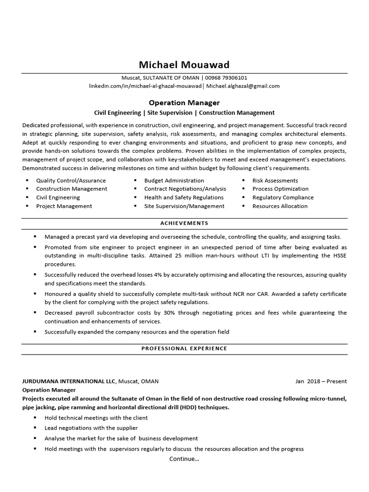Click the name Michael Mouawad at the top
coord(184,64)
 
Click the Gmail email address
coord(243,86)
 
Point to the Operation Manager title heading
coord(184,103)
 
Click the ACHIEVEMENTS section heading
coord(184,223)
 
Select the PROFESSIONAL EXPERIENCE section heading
coord(184,348)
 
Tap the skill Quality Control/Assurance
coord(71,180)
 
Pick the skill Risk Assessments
coord(275,180)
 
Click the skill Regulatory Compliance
coord(283,197)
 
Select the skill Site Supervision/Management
coord(184,206)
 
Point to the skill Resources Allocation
coord(280,206)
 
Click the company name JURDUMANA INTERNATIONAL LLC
coord(69,381)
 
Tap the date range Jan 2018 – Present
coord(321,381)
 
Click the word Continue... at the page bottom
coord(184,459)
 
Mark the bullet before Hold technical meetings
coord(35,418)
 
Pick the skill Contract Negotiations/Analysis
coord(185,189)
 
